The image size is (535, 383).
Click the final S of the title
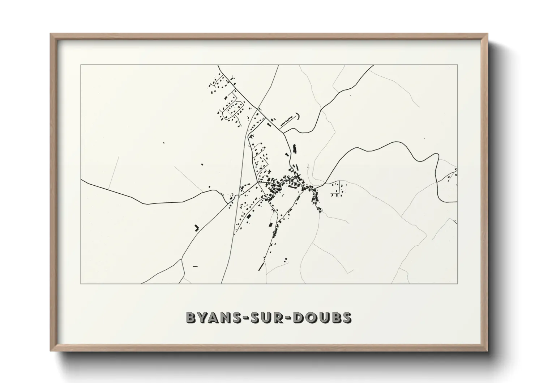click(x=346, y=317)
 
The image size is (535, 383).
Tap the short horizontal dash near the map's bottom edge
click(x=196, y=266)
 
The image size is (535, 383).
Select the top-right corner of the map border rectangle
click(x=458, y=65)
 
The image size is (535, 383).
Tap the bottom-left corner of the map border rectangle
click(x=81, y=284)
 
